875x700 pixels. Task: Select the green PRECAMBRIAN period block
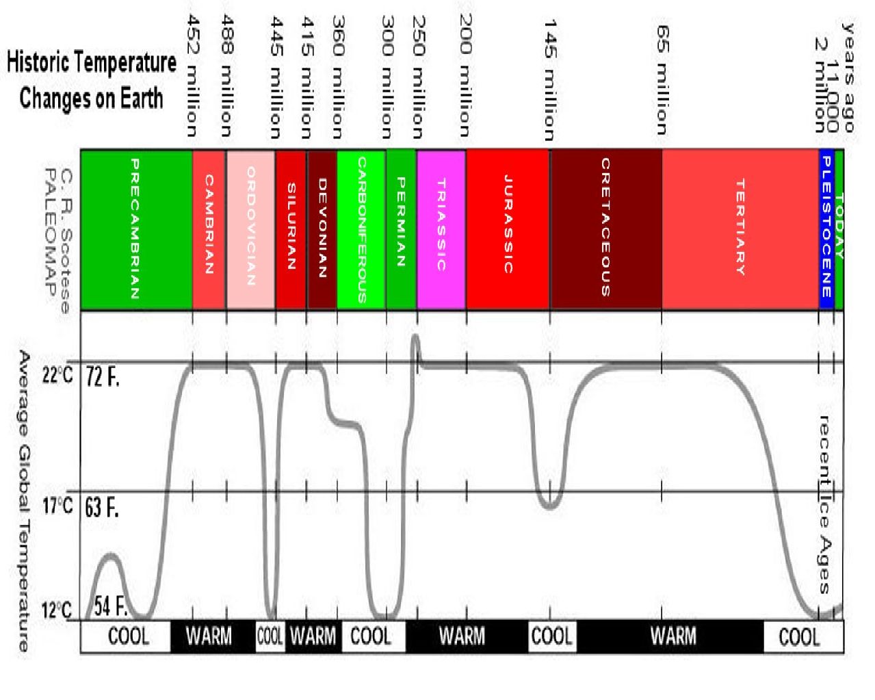pos(136,230)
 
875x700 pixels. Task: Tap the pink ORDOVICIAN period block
pos(250,230)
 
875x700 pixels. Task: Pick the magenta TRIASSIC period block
pos(441,230)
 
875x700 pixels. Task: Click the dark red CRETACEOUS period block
pos(605,230)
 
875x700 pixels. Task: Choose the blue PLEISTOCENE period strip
pos(826,230)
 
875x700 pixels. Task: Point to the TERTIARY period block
pos(740,230)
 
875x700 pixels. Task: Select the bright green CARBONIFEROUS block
pos(361,230)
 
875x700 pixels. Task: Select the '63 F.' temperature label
pos(102,508)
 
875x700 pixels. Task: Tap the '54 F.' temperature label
pos(111,606)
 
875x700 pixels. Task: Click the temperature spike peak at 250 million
pos(415,337)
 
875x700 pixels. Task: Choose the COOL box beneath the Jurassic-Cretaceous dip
pos(551,636)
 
